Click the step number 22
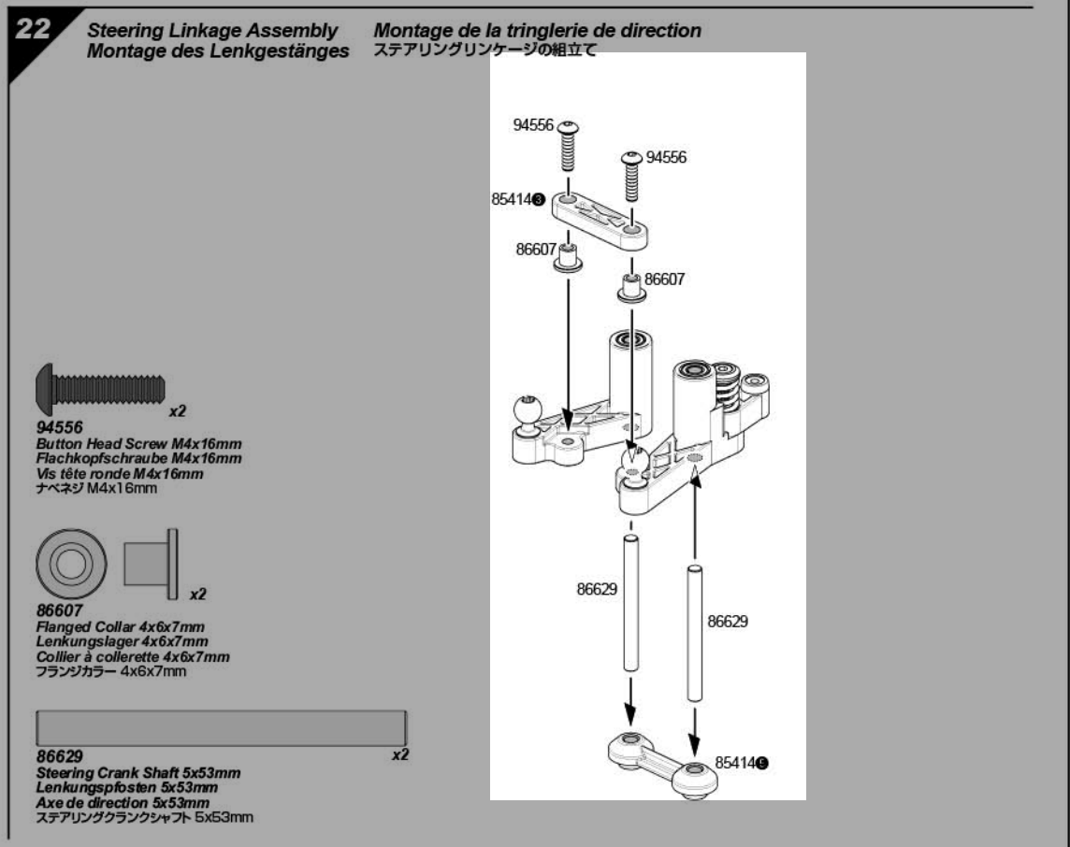pyautogui.click(x=33, y=29)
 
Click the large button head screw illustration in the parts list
pyautogui.click(x=99, y=385)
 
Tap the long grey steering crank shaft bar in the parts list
pyautogui.click(x=221, y=727)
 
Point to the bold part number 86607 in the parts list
pyautogui.click(x=55, y=610)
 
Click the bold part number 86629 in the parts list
pyautogui.click(x=55, y=754)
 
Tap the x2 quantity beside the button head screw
pyautogui.click(x=178, y=410)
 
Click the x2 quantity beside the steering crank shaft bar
pyautogui.click(x=400, y=754)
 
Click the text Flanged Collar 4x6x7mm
pyautogui.click(x=120, y=625)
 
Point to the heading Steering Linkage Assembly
pyautogui.click(x=213, y=32)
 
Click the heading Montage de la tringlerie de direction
pyautogui.click(x=537, y=32)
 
